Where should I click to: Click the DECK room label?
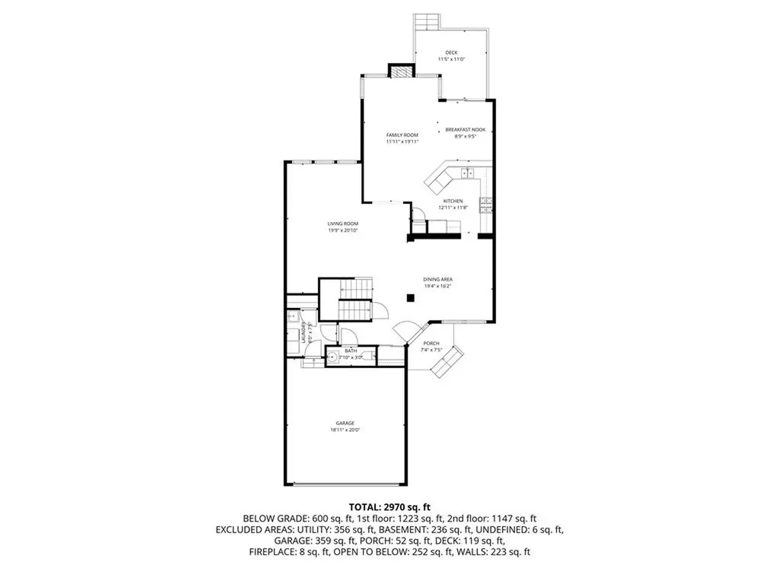click(451, 52)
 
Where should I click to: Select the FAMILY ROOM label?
click(402, 135)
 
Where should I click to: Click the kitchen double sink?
click(466, 173)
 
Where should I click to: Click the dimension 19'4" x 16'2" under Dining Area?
click(438, 287)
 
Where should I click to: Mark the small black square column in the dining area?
click(410, 299)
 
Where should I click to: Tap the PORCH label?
click(431, 344)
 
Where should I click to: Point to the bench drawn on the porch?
click(447, 361)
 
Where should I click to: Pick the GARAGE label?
click(346, 423)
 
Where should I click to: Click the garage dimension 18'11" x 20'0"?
click(346, 430)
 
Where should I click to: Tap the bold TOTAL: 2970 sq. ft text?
click(389, 506)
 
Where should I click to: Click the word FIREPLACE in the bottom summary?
click(277, 551)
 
